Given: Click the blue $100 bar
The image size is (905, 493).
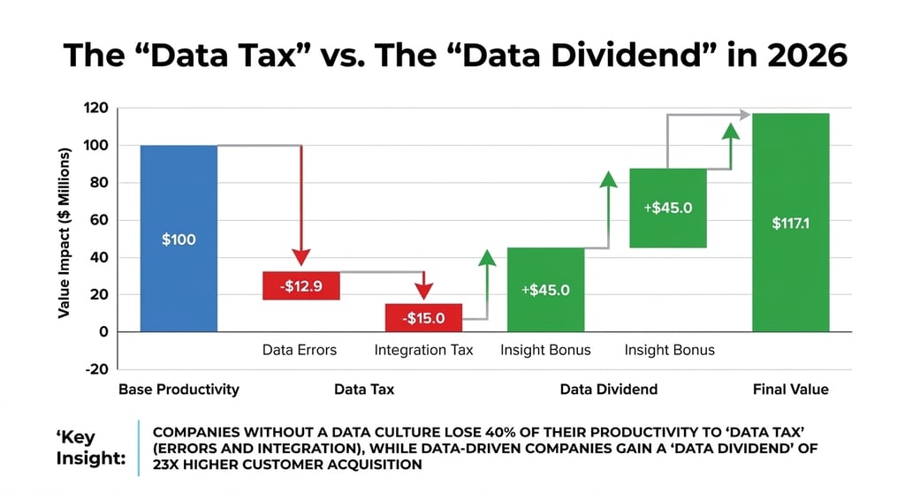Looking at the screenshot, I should (x=179, y=239).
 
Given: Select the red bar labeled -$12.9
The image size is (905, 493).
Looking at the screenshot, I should (x=301, y=285).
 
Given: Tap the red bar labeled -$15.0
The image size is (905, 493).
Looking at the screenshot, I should (x=423, y=317).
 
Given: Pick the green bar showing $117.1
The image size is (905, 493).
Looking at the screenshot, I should (x=790, y=223).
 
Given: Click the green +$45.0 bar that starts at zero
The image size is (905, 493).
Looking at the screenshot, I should (x=545, y=290).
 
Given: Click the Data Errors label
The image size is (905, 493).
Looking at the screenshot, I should (x=300, y=350).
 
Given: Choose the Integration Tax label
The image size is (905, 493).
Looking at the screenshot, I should (x=423, y=350).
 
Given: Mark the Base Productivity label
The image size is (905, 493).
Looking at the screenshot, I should (x=179, y=389).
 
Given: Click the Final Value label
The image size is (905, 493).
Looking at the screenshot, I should (x=790, y=389).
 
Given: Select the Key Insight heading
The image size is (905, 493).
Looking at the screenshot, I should (x=89, y=448).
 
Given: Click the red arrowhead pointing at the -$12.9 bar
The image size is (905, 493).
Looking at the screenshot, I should (x=301, y=257).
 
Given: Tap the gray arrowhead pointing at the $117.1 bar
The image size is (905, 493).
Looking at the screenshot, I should (x=744, y=115).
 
